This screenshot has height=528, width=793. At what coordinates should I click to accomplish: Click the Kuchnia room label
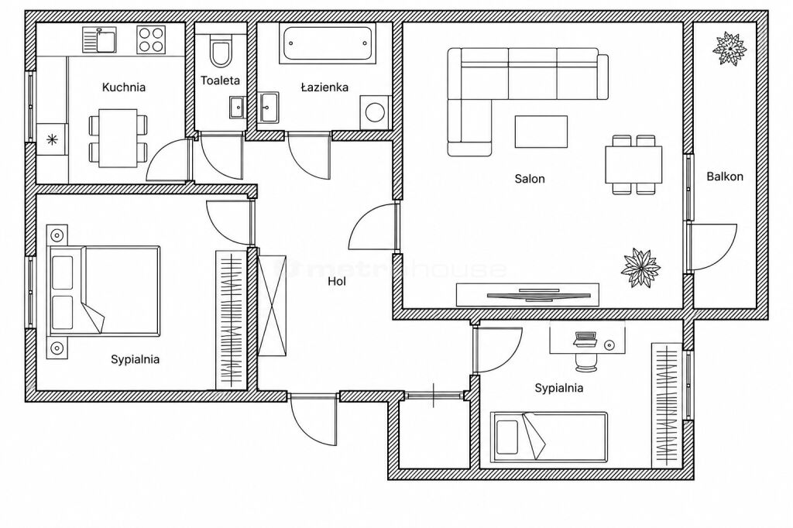[123, 87]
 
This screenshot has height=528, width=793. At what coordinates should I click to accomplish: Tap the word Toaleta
[220, 80]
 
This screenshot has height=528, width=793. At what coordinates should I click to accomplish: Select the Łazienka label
[324, 87]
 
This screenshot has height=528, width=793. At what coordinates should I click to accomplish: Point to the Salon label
[530, 179]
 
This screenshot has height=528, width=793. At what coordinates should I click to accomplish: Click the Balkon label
[725, 177]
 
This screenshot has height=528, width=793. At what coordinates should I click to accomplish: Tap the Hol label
[337, 281]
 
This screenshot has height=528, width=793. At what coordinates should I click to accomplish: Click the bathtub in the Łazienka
[328, 44]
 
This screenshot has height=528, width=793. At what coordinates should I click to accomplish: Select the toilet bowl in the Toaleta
[221, 51]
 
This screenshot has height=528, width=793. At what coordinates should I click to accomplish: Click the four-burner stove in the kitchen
[151, 40]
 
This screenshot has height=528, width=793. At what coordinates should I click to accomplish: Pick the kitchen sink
[100, 39]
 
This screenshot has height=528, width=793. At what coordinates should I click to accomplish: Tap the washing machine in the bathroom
[375, 111]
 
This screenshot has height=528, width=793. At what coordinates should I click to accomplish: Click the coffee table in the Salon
[541, 132]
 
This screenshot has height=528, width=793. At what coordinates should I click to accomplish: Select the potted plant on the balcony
[729, 49]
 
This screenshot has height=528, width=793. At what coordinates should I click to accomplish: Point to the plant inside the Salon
[640, 268]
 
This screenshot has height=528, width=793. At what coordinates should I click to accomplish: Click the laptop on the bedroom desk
[584, 339]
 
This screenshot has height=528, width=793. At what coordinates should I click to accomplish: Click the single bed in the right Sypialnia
[548, 437]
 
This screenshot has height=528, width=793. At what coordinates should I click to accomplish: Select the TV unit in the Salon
[527, 296]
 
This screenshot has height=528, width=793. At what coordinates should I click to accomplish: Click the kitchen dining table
[118, 138]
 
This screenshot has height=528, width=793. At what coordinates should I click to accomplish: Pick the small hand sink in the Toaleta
[237, 107]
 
